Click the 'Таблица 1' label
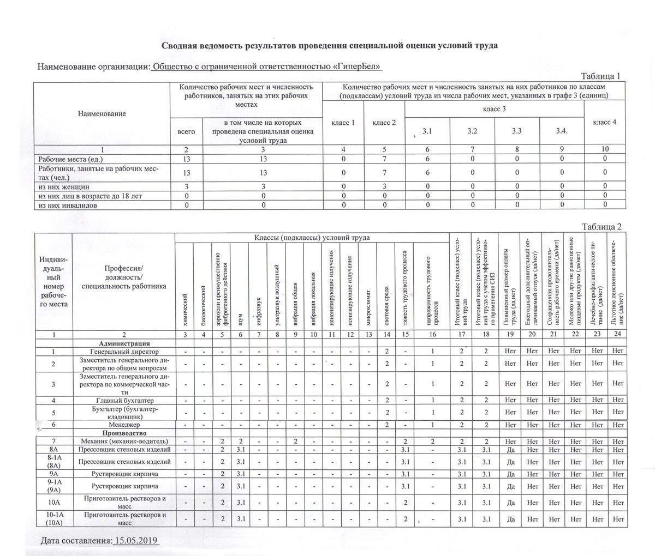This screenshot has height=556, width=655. [x=601, y=76]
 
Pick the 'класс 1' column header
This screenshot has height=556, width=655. [x=343, y=123]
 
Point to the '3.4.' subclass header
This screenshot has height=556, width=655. [x=562, y=131]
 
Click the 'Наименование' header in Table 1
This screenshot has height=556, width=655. [x=102, y=113]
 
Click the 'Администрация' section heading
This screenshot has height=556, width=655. [x=124, y=343]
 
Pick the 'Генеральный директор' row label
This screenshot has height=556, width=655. [x=124, y=352]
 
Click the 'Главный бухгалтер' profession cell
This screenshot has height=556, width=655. [x=124, y=401]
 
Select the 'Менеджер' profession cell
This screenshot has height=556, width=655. [x=124, y=424]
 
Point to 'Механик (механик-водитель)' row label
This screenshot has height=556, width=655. [x=124, y=441]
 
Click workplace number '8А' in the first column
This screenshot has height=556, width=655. [x=54, y=450]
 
